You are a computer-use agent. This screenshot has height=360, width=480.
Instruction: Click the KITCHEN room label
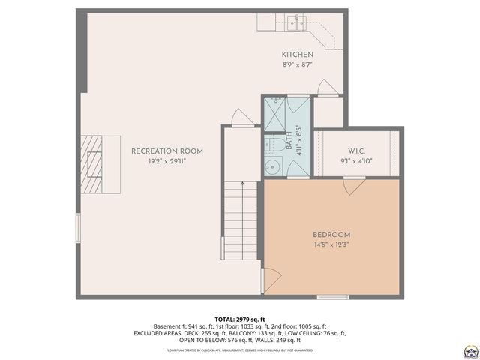[x=297, y=55]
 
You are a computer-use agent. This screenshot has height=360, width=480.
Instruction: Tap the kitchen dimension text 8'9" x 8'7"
[x=297, y=65]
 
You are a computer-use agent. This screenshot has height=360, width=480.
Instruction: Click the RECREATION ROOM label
[x=166, y=151]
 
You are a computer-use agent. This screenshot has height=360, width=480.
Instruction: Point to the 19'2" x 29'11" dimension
[x=166, y=161]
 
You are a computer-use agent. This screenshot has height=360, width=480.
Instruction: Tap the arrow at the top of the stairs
[x=242, y=184]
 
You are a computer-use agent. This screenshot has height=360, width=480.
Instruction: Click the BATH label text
[x=289, y=140]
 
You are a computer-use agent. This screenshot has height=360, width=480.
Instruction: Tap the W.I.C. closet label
[x=356, y=149]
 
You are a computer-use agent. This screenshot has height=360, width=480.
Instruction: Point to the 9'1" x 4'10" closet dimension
[x=356, y=159]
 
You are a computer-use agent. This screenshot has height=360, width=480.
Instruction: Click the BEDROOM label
[x=332, y=235]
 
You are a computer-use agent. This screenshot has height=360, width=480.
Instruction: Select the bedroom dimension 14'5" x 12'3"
[x=332, y=244]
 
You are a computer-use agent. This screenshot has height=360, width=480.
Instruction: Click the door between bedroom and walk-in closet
[x=352, y=187]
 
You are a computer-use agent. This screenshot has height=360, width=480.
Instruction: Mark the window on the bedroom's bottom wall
[x=332, y=297]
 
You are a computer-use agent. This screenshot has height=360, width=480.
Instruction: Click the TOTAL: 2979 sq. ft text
[x=240, y=319]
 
